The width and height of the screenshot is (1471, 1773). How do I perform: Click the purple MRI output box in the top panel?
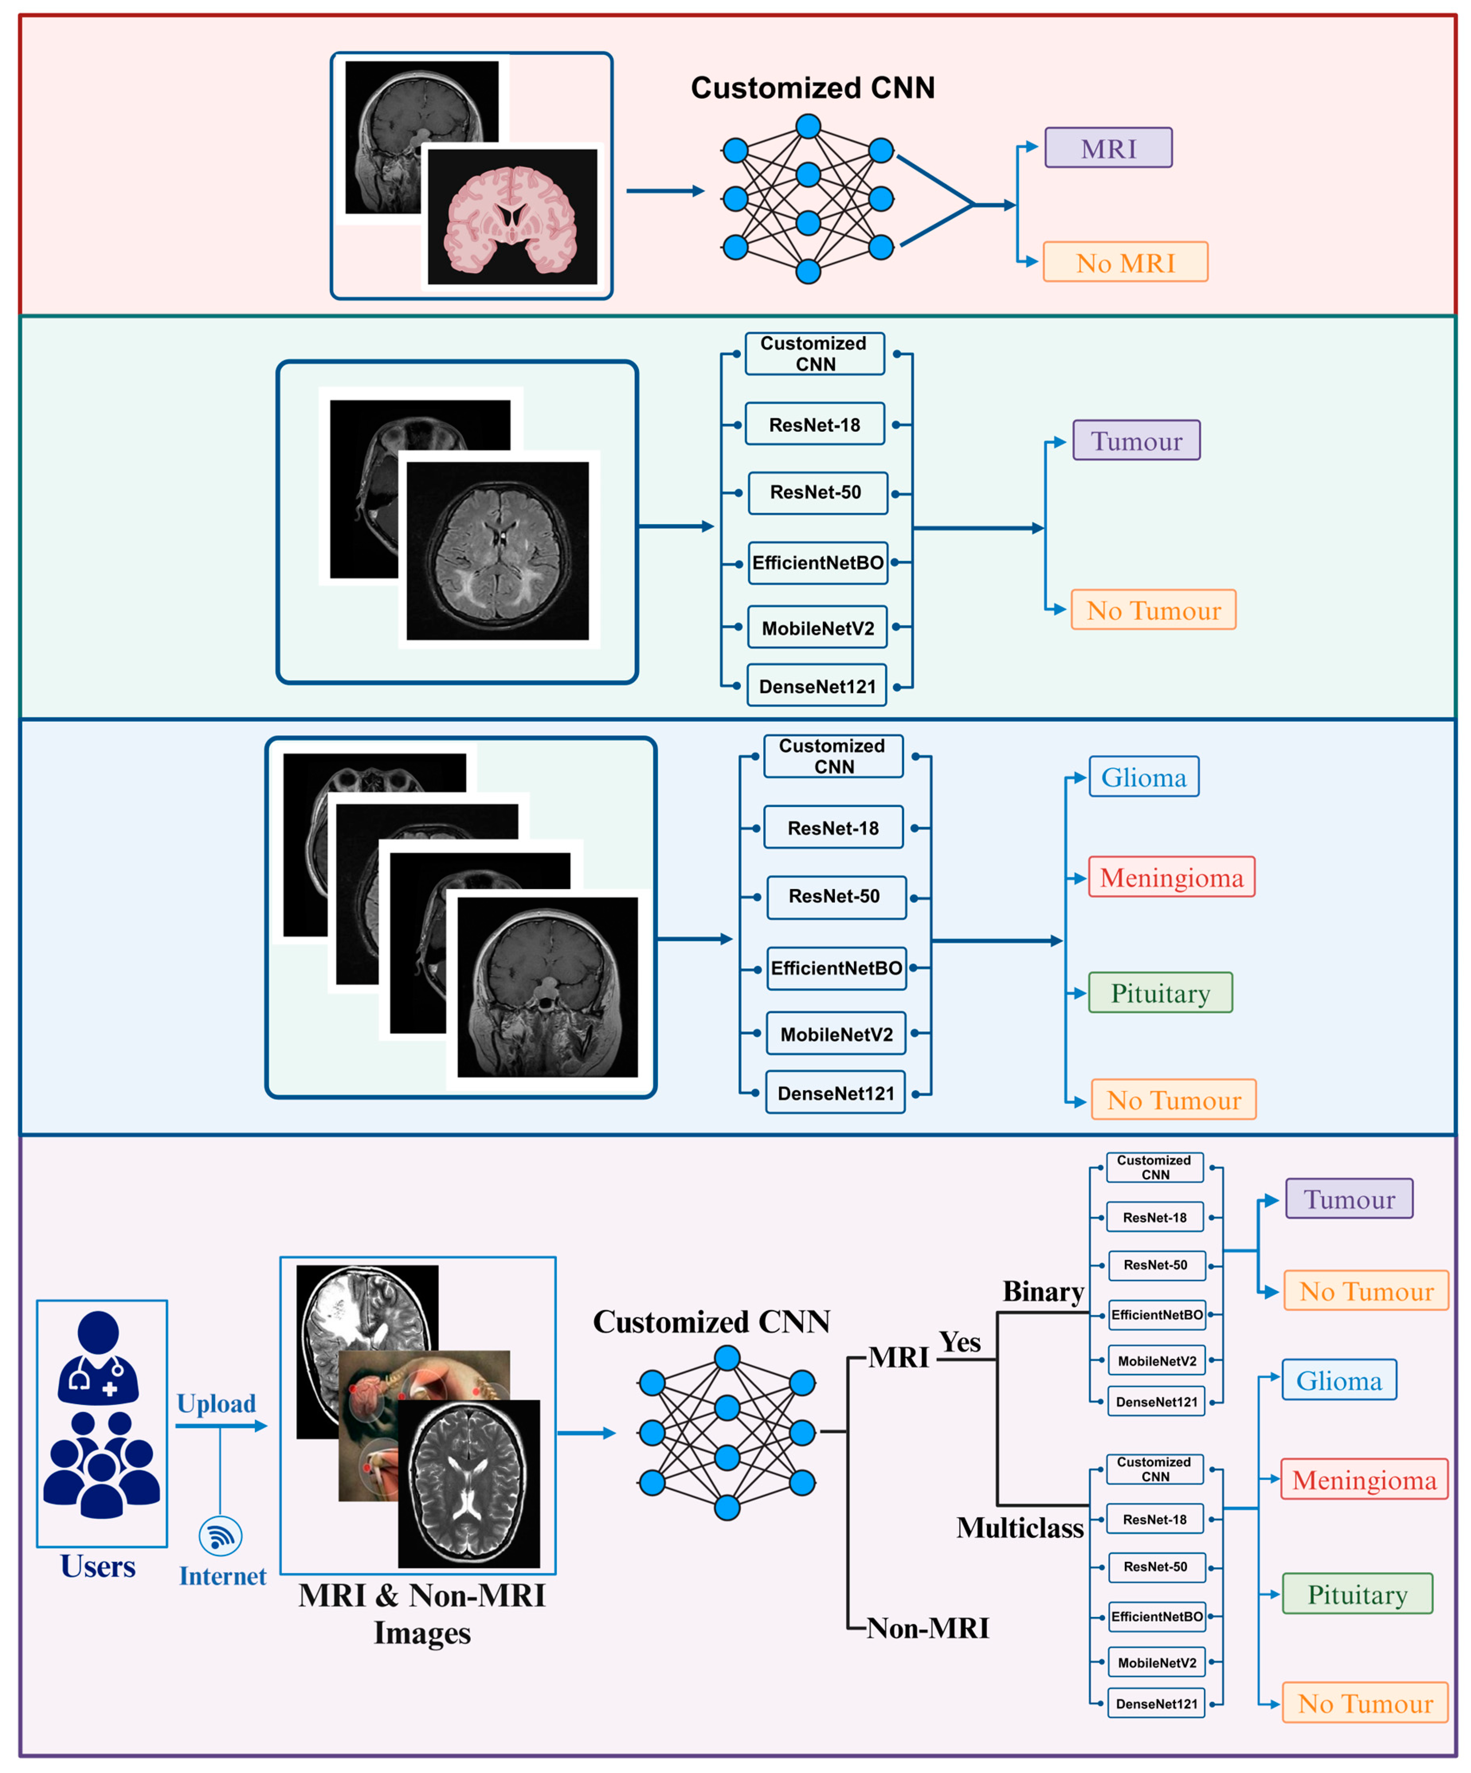[x=1108, y=148]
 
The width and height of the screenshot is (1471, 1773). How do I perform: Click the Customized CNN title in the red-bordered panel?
[x=812, y=88]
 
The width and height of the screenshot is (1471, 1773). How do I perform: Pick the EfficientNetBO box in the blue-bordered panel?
[x=836, y=968]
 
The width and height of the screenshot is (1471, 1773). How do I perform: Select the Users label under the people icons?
[x=98, y=1566]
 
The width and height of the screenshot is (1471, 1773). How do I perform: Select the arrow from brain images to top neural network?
[x=664, y=191]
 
